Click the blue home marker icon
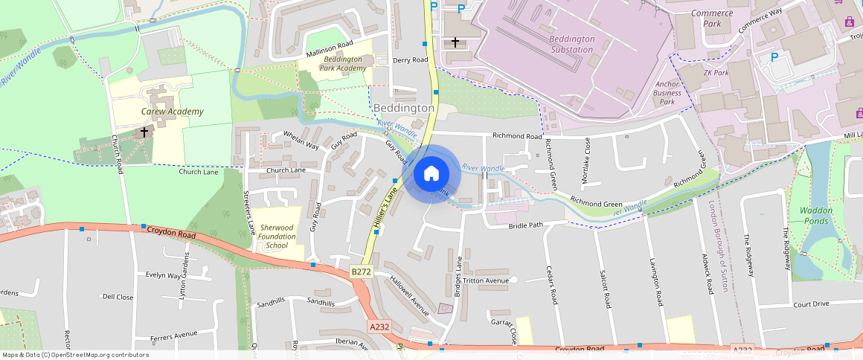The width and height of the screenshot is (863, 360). point(431,174)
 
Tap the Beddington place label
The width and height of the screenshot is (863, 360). point(404,109)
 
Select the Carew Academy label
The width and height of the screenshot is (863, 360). point(172,112)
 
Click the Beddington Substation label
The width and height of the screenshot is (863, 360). point(571,44)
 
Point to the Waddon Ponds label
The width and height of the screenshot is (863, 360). point(815,216)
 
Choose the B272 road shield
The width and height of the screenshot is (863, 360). point(361,272)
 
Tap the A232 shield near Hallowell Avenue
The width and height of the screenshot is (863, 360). point(379,326)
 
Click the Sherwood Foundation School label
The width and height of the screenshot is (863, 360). point(277,237)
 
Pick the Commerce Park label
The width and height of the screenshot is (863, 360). point(712,18)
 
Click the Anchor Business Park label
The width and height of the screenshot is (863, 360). point(667,93)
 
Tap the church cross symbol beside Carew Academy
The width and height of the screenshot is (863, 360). point(144,132)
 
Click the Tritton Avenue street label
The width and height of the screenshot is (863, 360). point(485,281)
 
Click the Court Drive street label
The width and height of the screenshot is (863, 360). point(811,304)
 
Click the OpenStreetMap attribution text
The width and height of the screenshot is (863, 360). point(74,355)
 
